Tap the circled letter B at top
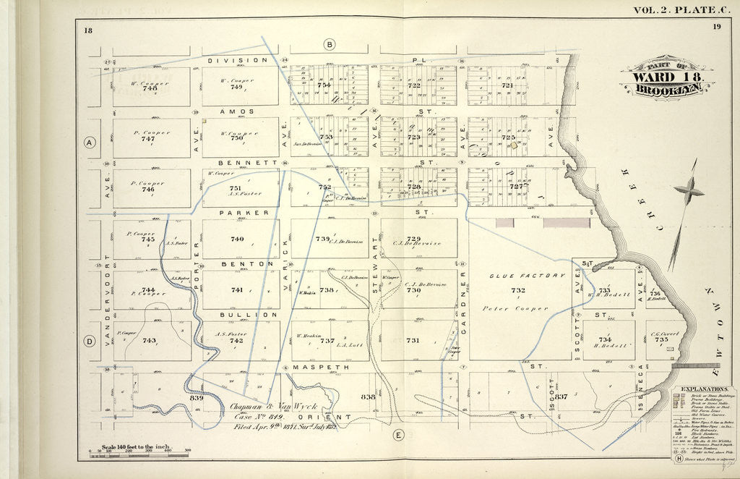(330, 45)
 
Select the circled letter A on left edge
(90, 143)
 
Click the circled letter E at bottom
(398, 435)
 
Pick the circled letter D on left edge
(90, 342)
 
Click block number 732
(517, 291)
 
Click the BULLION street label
(239, 315)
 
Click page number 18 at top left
(87, 29)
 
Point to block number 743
(149, 340)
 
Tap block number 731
(413, 340)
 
